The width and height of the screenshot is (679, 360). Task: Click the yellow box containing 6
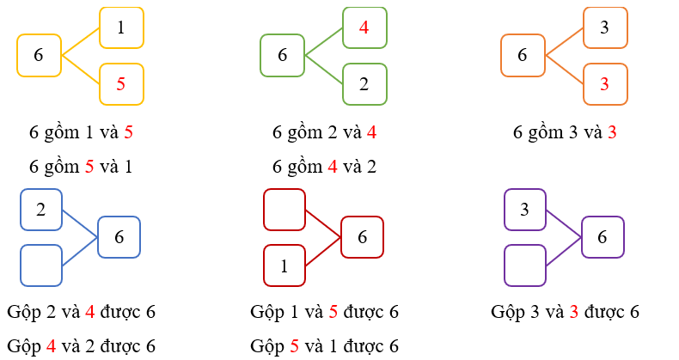click(39, 55)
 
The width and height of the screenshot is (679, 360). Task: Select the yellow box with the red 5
click(121, 83)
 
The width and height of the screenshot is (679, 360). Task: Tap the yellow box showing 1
click(121, 27)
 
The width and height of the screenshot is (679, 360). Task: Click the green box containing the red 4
click(364, 27)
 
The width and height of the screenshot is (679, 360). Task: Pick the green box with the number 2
click(364, 83)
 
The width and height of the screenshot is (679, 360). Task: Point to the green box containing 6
click(283, 55)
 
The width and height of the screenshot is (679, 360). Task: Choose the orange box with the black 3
click(605, 27)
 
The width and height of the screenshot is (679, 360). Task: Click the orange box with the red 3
click(605, 83)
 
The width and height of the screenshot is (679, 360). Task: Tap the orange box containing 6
click(523, 55)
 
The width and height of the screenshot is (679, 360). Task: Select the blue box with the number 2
click(41, 210)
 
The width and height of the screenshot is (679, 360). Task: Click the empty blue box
click(41, 265)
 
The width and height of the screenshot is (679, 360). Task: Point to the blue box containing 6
click(119, 237)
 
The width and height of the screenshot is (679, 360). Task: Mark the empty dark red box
click(284, 210)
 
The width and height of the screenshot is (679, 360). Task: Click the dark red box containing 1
click(284, 265)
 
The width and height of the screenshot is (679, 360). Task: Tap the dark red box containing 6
click(362, 237)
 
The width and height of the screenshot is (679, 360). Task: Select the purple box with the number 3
click(524, 210)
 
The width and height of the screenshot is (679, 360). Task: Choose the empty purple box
click(524, 265)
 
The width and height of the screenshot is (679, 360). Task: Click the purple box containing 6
click(603, 237)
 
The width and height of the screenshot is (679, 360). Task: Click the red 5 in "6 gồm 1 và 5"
click(128, 133)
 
